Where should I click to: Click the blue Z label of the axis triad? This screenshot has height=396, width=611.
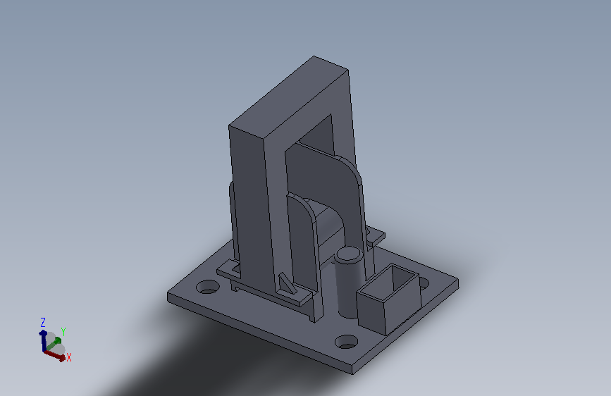point(43,322)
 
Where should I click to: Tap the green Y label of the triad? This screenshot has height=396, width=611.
point(63,332)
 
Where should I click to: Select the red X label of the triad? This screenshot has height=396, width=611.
point(69,357)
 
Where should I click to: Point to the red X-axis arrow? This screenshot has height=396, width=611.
point(54,355)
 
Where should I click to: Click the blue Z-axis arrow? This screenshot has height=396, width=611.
point(43,340)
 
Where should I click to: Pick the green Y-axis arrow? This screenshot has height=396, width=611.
point(54,344)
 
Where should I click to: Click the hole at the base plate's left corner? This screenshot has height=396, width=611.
point(208,287)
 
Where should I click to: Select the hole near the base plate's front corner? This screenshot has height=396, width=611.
point(347,342)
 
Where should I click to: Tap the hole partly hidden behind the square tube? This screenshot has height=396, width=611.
point(424,284)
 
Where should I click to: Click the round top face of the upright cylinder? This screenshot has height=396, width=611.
point(349,254)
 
